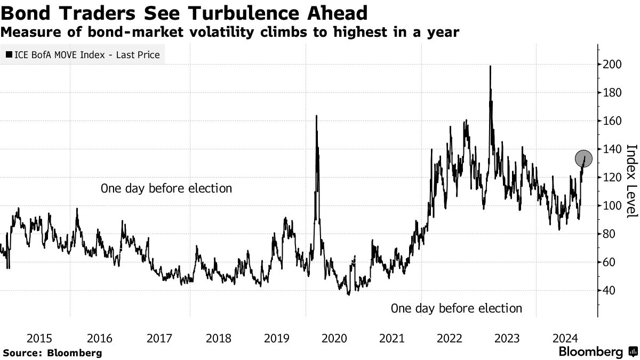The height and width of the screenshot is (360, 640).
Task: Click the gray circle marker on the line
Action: [584, 158]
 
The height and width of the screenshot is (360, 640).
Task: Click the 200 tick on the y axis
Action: [611, 65]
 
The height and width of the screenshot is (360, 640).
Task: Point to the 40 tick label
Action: [609, 291]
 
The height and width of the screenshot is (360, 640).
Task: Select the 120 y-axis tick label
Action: [611, 178]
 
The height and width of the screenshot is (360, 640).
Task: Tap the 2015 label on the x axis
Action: [39, 338]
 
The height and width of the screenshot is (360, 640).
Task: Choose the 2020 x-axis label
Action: [335, 338]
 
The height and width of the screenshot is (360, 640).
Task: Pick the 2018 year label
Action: [218, 338]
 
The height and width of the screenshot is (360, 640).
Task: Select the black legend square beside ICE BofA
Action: [9, 54]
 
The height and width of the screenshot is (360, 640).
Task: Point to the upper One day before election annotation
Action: [166, 188]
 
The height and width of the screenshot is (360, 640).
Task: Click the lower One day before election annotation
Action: [456, 308]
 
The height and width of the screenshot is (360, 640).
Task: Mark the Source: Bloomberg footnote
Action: [52, 353]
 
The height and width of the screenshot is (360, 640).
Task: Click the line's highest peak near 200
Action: [490, 66]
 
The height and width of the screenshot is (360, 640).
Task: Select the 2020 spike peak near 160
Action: [316, 116]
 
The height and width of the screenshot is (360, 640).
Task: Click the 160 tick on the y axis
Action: [611, 121]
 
